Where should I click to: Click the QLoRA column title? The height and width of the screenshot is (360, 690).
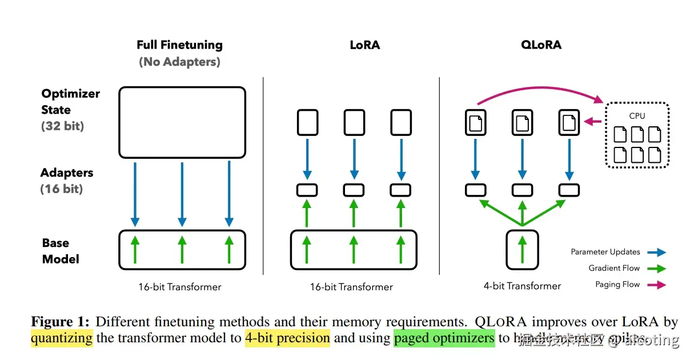541,45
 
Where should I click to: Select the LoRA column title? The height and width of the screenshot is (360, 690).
364,45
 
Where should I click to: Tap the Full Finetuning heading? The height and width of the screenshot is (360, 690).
179,45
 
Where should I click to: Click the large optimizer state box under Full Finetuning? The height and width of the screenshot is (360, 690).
182,122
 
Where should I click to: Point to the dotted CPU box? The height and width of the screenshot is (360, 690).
637,135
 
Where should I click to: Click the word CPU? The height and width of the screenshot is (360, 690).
637,115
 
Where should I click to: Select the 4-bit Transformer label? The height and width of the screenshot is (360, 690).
522,286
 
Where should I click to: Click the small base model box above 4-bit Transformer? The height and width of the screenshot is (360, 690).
522,249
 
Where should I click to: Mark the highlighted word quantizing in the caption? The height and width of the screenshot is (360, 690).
62,338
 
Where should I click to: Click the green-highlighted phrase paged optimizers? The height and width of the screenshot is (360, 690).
444,338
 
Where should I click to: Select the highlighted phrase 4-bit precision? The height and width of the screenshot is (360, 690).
287,338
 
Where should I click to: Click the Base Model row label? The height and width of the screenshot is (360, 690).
60,251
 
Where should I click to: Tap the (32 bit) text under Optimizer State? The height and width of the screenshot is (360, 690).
62,126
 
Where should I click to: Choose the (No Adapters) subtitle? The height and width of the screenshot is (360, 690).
179,62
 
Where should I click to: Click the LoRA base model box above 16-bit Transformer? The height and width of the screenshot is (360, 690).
354,250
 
